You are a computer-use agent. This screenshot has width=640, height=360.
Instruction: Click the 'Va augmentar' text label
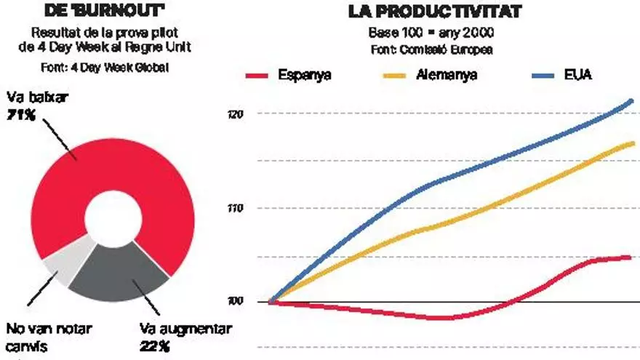[x=185, y=329]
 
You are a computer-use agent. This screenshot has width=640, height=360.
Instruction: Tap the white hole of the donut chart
[x=113, y=218]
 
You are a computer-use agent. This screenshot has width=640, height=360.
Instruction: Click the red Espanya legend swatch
[x=259, y=75]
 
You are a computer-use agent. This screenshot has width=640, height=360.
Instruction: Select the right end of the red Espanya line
[x=629, y=257]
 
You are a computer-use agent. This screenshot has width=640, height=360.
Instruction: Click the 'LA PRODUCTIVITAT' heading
[x=435, y=12]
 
